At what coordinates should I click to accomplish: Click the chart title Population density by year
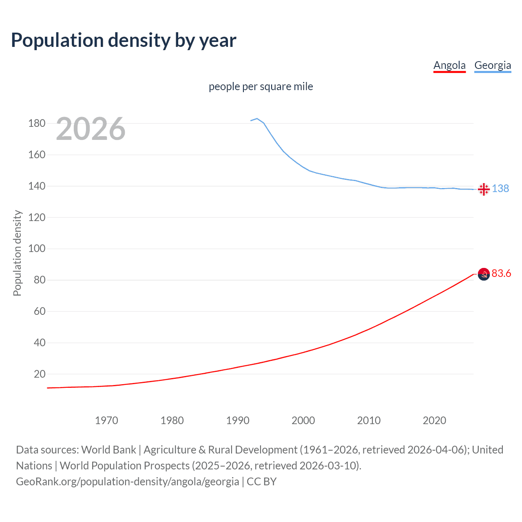point(124,40)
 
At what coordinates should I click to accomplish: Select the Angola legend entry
point(449,65)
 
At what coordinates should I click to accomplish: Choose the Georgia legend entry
point(493,65)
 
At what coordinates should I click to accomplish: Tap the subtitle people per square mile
point(261,86)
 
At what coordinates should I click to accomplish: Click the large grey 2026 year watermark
point(91,129)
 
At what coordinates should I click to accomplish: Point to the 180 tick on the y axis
point(37,123)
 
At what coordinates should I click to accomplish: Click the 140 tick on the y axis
point(37,186)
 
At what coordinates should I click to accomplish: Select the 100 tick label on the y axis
point(37,249)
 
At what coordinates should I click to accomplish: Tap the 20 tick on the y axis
point(39,374)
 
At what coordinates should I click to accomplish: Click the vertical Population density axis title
point(17,253)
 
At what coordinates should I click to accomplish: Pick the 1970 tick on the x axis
point(106,420)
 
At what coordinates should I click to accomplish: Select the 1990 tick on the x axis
point(238,420)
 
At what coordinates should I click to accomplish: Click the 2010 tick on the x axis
point(369,420)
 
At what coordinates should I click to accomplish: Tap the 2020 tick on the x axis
point(434,420)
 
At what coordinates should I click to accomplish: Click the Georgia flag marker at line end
point(484,189)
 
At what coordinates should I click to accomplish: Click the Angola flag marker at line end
point(484,274)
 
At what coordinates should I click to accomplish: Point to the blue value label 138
point(500,188)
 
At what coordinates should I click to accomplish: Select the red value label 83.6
point(501,273)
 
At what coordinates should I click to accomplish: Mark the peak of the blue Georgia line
point(257,119)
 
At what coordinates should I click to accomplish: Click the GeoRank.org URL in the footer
point(128,482)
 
